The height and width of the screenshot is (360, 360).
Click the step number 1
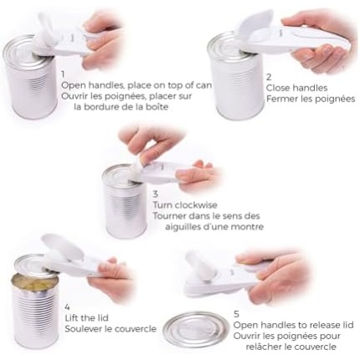[63, 75]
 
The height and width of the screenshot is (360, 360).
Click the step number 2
[269, 77]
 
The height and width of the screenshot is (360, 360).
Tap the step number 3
[156, 194]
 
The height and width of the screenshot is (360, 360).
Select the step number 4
[67, 307]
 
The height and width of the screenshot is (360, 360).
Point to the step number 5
[236, 314]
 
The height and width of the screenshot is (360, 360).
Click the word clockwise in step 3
[196, 205]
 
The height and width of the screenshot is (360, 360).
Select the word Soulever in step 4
[83, 329]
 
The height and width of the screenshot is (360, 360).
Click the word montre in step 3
[248, 227]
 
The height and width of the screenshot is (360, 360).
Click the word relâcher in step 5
[264, 347]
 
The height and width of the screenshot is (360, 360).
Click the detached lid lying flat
[195, 327]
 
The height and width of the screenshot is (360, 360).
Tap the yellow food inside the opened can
[31, 280]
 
